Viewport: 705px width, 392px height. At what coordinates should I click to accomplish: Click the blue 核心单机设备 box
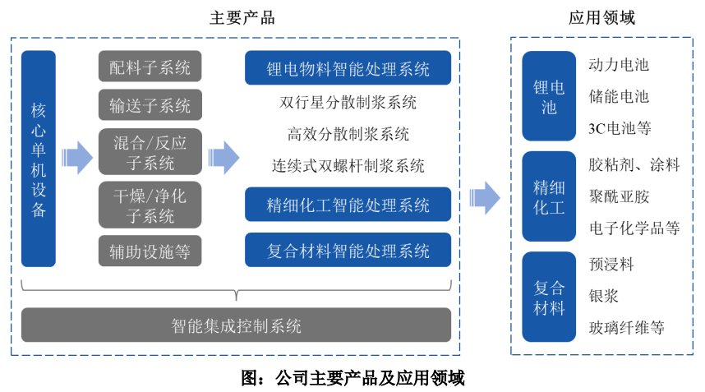39,159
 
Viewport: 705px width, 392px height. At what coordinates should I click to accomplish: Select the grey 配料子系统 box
150,67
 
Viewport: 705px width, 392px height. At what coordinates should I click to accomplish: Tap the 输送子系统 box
150,105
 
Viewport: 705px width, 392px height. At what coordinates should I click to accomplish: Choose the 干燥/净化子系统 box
150,206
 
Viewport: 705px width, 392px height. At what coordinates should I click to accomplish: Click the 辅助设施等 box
150,251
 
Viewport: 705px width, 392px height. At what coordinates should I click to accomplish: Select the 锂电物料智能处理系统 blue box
348,68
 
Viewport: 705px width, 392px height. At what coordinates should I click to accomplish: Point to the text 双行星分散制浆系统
348,103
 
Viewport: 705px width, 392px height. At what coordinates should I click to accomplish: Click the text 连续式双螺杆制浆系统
348,166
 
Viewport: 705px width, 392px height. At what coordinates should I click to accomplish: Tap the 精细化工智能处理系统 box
348,204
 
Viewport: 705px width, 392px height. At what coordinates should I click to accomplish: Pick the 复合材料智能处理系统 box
348,250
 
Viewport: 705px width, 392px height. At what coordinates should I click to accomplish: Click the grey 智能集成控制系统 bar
237,325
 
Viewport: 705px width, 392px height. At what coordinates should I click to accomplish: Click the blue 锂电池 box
550,97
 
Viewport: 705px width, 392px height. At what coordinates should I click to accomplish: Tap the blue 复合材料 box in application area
550,298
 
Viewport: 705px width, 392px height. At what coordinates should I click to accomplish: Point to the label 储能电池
619,97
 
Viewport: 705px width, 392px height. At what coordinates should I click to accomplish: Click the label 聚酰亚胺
619,196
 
